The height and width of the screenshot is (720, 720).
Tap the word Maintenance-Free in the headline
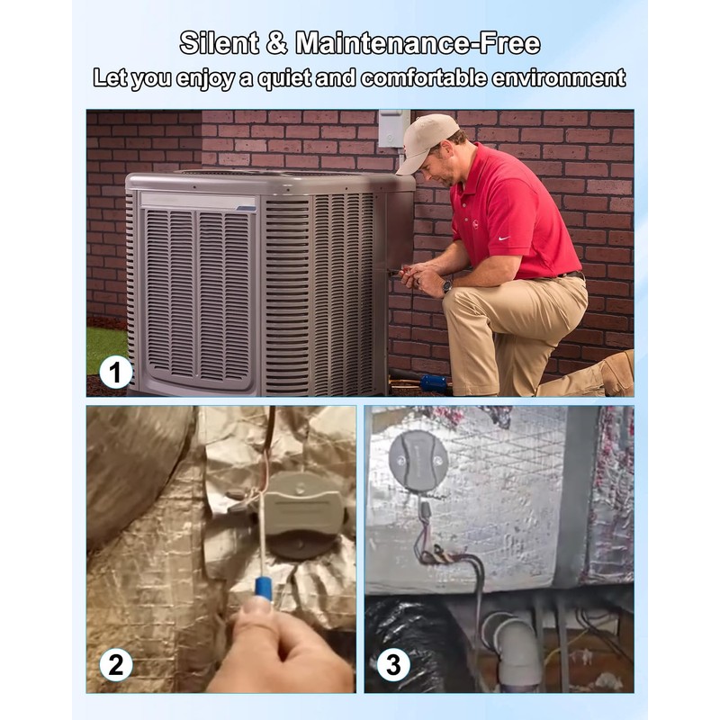418,42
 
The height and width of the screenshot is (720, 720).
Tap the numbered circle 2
116,665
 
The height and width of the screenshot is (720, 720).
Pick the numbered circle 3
393,665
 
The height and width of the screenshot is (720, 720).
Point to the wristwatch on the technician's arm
447,284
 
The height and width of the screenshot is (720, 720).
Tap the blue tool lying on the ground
433,382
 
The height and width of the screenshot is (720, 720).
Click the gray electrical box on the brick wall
393,128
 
